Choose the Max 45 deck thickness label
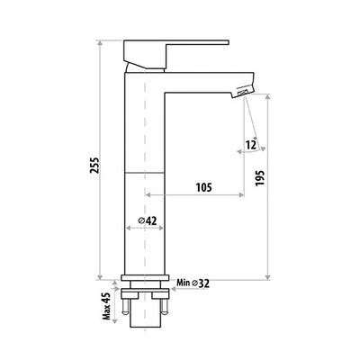point(106,305)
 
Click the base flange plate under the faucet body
point(147,280)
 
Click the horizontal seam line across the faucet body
point(147,171)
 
